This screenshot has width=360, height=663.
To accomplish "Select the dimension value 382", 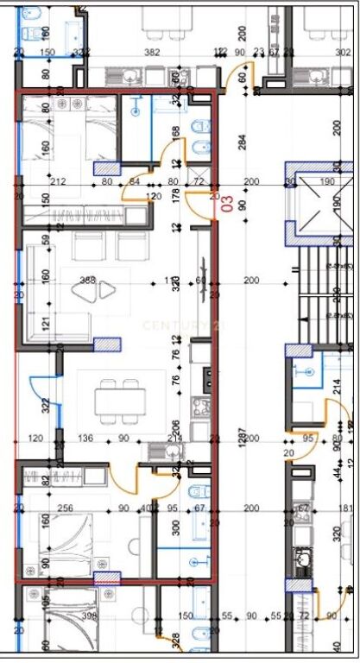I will click(x=152, y=53).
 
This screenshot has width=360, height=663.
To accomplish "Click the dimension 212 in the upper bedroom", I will click(x=60, y=181).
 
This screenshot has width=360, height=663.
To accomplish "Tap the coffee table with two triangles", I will click(x=95, y=291).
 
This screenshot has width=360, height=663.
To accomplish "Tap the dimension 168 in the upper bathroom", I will click(x=176, y=132).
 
